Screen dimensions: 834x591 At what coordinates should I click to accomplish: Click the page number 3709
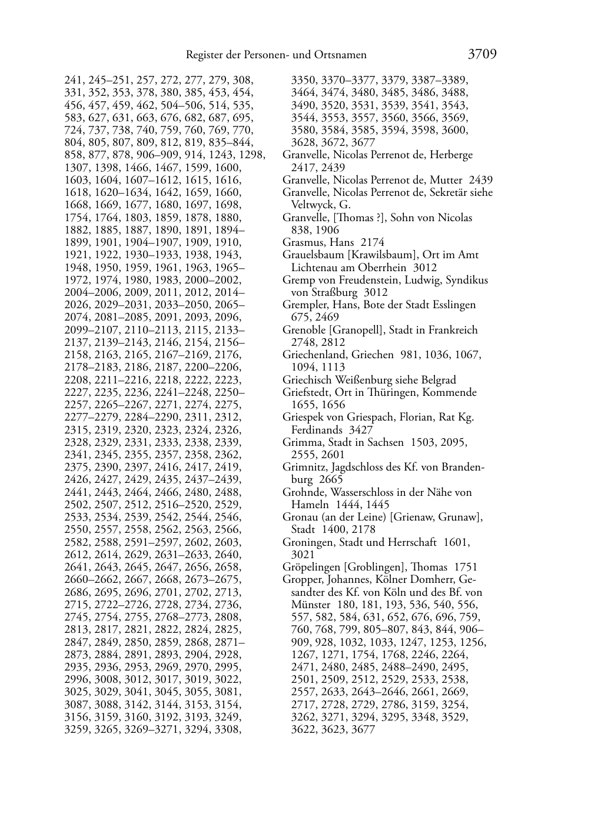[482, 55]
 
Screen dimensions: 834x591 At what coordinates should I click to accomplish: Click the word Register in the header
[204, 55]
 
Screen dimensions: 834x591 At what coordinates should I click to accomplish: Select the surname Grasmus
[302, 242]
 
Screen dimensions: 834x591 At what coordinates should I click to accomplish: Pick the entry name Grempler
[304, 305]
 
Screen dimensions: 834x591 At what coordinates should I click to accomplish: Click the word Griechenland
[312, 355]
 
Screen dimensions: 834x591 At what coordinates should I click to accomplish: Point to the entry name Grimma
[300, 442]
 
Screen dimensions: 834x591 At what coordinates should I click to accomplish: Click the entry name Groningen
[306, 542]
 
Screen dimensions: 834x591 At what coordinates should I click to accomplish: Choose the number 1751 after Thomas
[465, 568]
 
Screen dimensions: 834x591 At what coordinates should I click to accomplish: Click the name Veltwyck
[313, 205]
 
